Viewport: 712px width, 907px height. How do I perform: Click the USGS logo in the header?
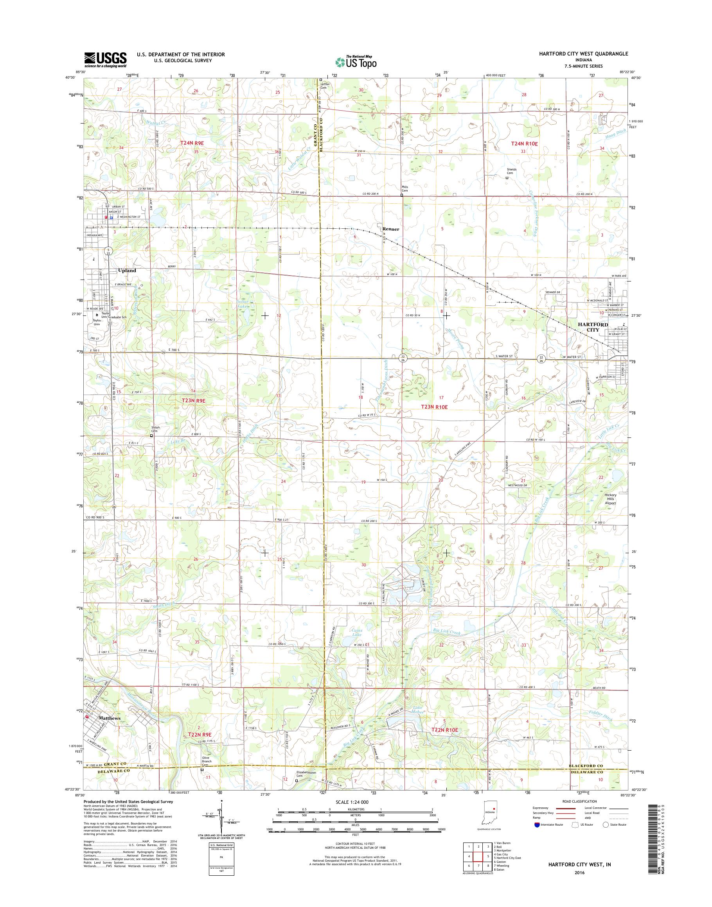106,59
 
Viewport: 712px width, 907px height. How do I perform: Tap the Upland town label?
127,271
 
